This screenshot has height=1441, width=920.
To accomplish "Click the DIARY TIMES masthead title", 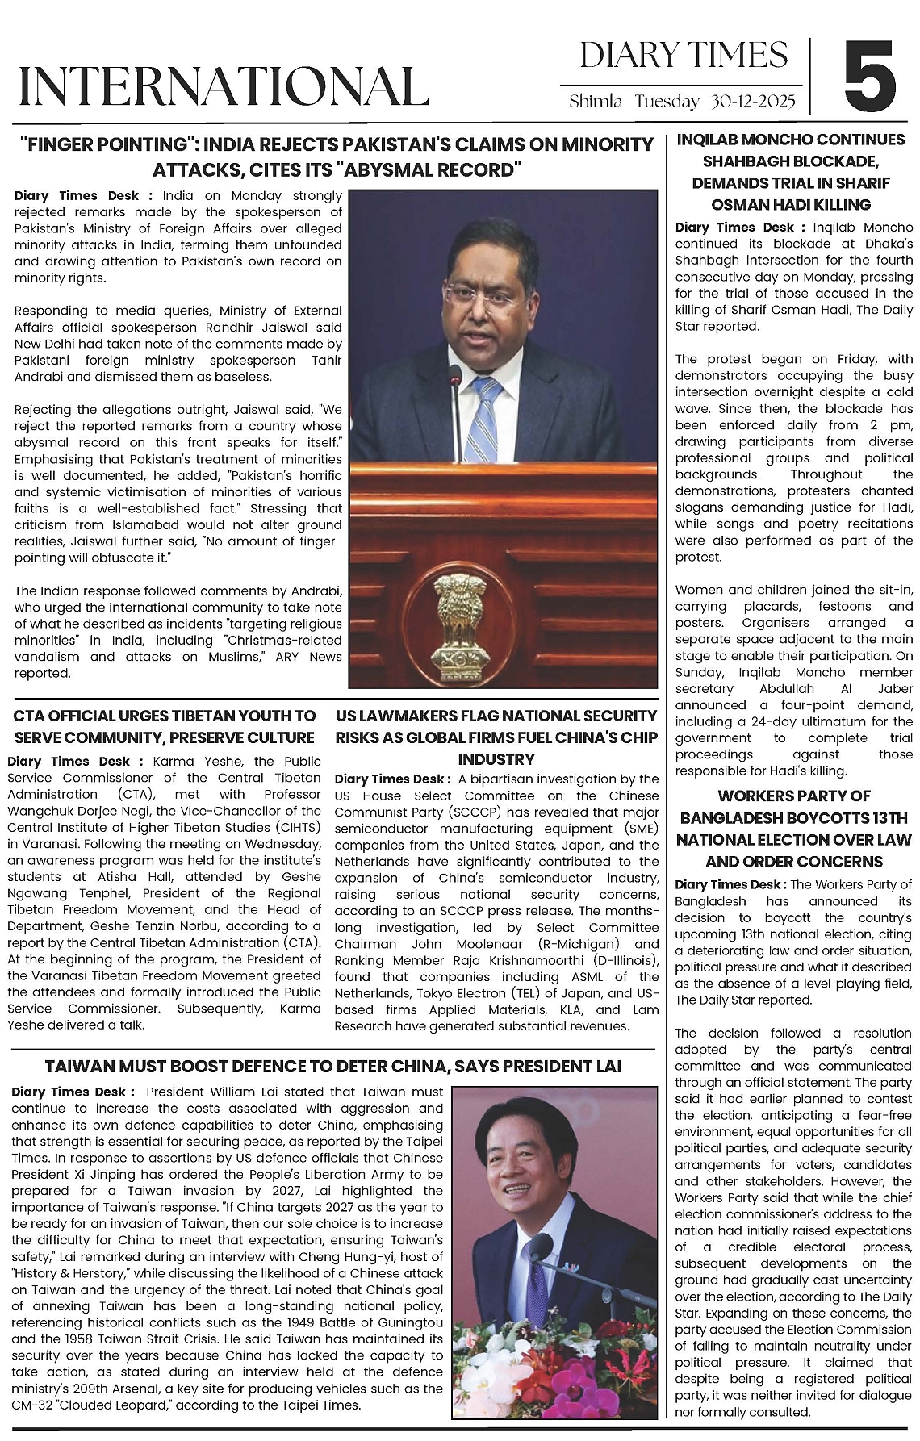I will (x=683, y=55).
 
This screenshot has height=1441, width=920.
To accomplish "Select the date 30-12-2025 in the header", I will (x=754, y=102).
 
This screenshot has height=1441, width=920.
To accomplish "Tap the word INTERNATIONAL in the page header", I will (x=223, y=86).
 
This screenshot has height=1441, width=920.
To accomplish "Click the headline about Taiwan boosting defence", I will (x=332, y=1066).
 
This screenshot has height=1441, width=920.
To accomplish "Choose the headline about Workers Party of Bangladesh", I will (x=794, y=829).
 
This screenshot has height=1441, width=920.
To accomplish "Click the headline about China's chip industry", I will (x=496, y=737).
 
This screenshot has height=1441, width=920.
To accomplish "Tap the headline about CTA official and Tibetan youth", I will (x=165, y=726).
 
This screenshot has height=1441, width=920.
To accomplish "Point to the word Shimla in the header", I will (x=596, y=102).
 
